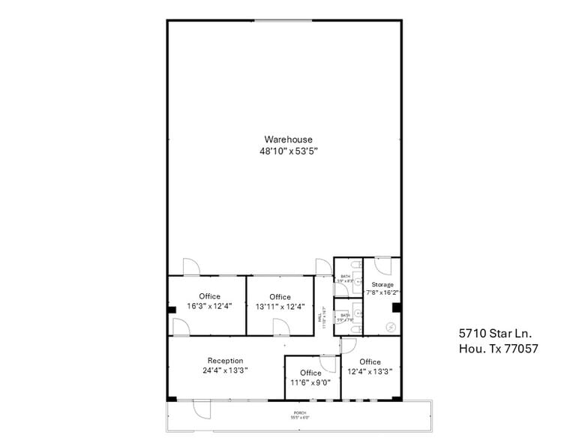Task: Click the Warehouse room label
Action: pos(288,139)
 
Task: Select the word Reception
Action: pos(225,361)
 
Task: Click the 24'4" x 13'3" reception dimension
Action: pos(225,370)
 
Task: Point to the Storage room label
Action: pos(382,285)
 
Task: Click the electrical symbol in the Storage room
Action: pos(391,327)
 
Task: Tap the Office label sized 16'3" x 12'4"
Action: pos(209,296)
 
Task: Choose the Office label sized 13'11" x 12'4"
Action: pos(280,297)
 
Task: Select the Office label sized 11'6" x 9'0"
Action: pos(310,373)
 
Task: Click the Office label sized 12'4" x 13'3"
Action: pos(370,361)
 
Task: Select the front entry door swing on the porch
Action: pos(202,409)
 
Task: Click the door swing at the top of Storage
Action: pos(382,268)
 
